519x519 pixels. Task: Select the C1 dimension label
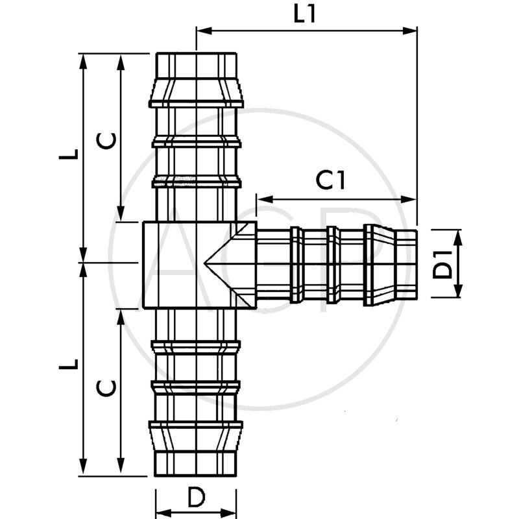330,181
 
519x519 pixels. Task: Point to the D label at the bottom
196,498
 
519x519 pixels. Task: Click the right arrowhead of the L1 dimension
411,30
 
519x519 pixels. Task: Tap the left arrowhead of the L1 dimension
202,30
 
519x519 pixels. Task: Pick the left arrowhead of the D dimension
160,510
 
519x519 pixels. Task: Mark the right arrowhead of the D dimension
232,510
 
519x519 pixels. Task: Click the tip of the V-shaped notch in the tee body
205,264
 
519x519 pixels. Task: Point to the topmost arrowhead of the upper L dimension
83,60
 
